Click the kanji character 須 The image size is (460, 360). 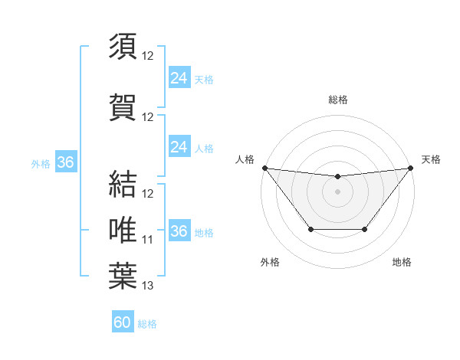click(x=123, y=47)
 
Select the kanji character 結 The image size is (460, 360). click(x=123, y=183)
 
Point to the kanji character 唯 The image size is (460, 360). click(x=123, y=230)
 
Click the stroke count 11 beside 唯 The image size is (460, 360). click(x=148, y=240)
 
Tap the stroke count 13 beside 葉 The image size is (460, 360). click(x=148, y=286)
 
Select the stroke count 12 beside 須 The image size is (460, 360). click(x=148, y=56)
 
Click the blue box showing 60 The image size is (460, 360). click(x=123, y=322)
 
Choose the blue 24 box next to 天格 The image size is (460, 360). click(x=179, y=78)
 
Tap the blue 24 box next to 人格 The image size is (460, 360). click(x=179, y=147)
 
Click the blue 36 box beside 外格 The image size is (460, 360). click(x=65, y=162)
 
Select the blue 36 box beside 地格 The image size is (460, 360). click(x=179, y=231)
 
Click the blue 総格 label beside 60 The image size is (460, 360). click(x=148, y=324)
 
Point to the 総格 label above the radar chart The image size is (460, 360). click(x=337, y=100)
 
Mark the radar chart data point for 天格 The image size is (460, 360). click(x=410, y=168)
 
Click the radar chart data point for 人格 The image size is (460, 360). click(x=264, y=168)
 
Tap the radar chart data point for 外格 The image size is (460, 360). click(x=310, y=229)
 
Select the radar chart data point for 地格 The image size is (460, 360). click(x=365, y=229)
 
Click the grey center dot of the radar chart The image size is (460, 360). click(x=337, y=191)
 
